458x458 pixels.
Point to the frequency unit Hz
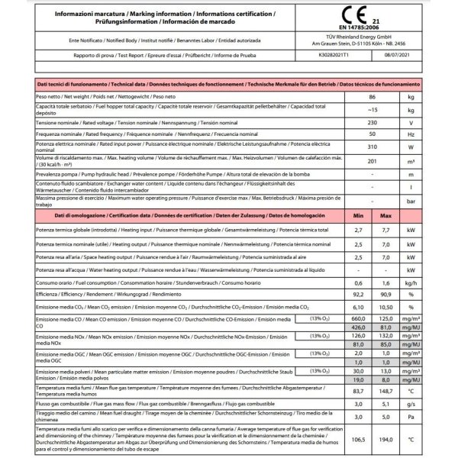412,134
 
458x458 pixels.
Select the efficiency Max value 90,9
388,293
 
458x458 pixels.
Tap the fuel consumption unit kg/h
412,282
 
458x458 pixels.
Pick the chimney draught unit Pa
412,417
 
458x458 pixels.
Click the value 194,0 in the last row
388,440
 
